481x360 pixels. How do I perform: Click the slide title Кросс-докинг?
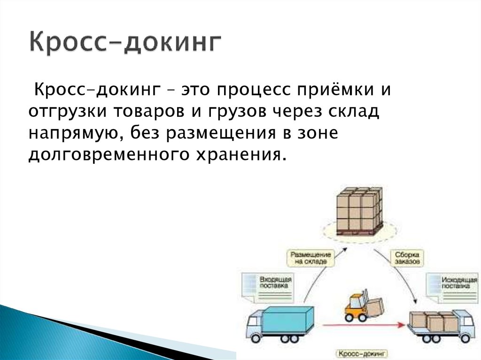125,42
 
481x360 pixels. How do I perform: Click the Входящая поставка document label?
275,282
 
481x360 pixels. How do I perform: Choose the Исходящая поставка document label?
455,282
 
